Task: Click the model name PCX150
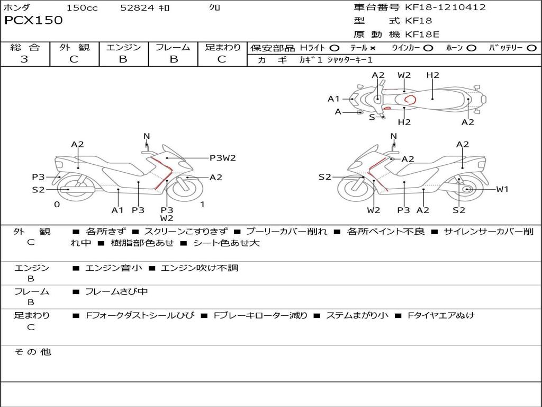pyautogui.click(x=33, y=20)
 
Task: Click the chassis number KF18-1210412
pyautogui.click(x=445, y=7)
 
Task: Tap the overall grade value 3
pyautogui.click(x=24, y=59)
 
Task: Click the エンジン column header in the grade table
pyautogui.click(x=123, y=48)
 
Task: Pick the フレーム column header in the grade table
pyautogui.click(x=173, y=48)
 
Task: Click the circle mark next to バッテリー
pyautogui.click(x=531, y=48)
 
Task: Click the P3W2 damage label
pyautogui.click(x=222, y=157)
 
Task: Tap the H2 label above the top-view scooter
pyautogui.click(x=432, y=75)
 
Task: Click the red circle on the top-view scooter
pyautogui.click(x=409, y=100)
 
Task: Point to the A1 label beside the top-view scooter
pyautogui.click(x=333, y=99)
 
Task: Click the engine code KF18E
pyautogui.click(x=422, y=34)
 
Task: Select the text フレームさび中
pyautogui.click(x=116, y=291)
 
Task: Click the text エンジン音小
pyautogui.click(x=113, y=268)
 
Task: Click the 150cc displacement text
pyautogui.click(x=82, y=8)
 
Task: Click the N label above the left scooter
pyautogui.click(x=147, y=136)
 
